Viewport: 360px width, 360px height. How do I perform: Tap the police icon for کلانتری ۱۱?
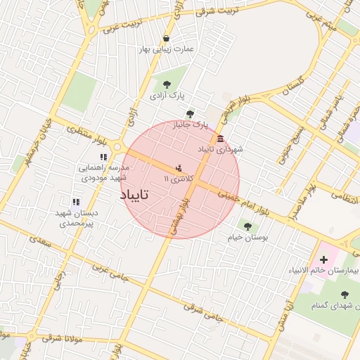click(179, 168)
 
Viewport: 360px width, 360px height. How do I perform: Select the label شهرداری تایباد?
click(220, 150)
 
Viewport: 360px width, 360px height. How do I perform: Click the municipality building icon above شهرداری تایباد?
click(221, 138)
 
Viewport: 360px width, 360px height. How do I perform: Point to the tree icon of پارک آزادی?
click(166, 84)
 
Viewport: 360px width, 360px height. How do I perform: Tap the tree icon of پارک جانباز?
click(189, 114)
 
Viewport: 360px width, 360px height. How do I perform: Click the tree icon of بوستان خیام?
click(247, 226)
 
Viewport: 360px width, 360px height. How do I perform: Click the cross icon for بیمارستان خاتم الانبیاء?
click(323, 260)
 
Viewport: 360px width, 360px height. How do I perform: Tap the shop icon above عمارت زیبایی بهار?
click(166, 38)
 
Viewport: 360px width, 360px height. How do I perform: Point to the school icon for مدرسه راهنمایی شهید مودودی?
click(103, 157)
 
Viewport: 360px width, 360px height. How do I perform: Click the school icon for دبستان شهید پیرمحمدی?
click(75, 202)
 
